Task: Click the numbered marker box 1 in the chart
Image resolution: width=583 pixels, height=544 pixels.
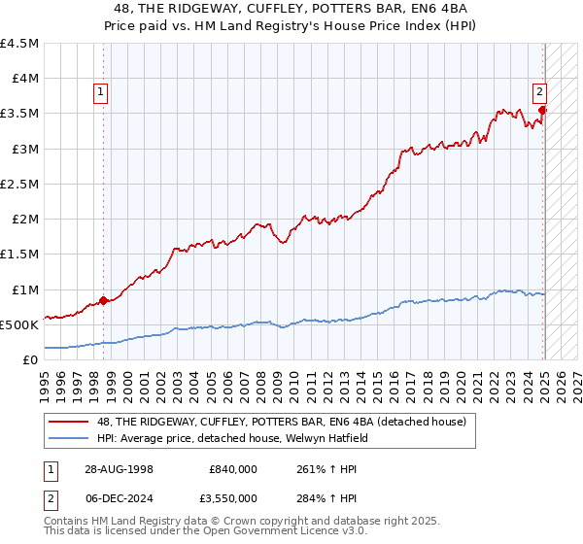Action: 101,93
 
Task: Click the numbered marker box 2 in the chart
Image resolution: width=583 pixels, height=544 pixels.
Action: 539,93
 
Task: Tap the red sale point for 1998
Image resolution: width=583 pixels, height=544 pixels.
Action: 104,300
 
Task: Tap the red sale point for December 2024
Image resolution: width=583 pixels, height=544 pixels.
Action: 542,111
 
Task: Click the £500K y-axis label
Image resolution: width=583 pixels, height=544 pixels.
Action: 19,324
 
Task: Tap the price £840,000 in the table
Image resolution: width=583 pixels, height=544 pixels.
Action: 233,468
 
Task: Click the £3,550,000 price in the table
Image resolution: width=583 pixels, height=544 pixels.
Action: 229,497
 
